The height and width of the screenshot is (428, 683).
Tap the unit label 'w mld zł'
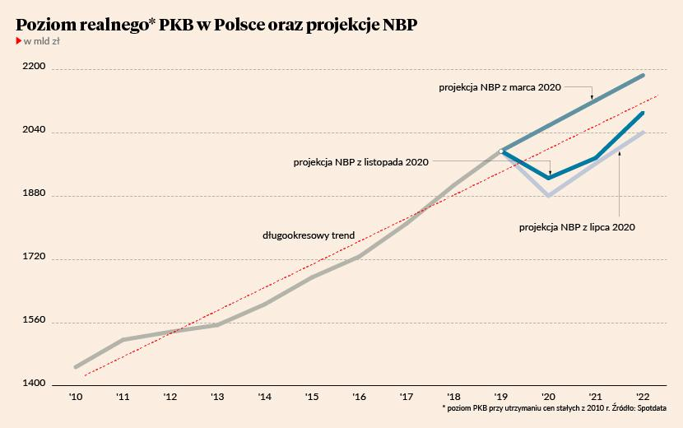click(x=40, y=42)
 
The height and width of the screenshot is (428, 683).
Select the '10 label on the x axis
click(x=75, y=397)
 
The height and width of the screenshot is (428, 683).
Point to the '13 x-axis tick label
click(x=217, y=397)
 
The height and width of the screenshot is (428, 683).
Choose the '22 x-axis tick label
click(x=644, y=397)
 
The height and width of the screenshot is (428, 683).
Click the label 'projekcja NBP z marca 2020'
click(x=499, y=86)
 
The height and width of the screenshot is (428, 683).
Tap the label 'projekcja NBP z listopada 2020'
click(x=361, y=162)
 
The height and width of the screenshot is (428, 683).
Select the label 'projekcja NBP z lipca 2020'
click(x=578, y=226)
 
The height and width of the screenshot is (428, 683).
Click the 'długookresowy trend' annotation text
click(x=309, y=235)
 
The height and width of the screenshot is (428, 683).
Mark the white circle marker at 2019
click(x=501, y=151)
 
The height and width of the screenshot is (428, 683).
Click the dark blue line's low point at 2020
click(x=549, y=178)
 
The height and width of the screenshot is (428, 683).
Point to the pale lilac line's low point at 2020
click(x=549, y=196)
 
